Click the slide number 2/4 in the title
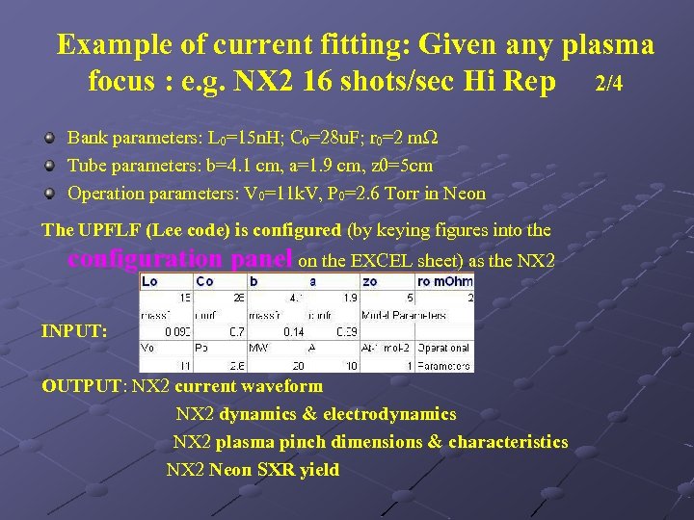(608, 84)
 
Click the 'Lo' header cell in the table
(150, 281)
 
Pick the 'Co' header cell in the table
(205, 281)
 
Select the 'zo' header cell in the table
(370, 281)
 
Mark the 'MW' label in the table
(258, 348)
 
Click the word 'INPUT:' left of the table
(73, 331)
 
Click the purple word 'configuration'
(146, 258)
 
